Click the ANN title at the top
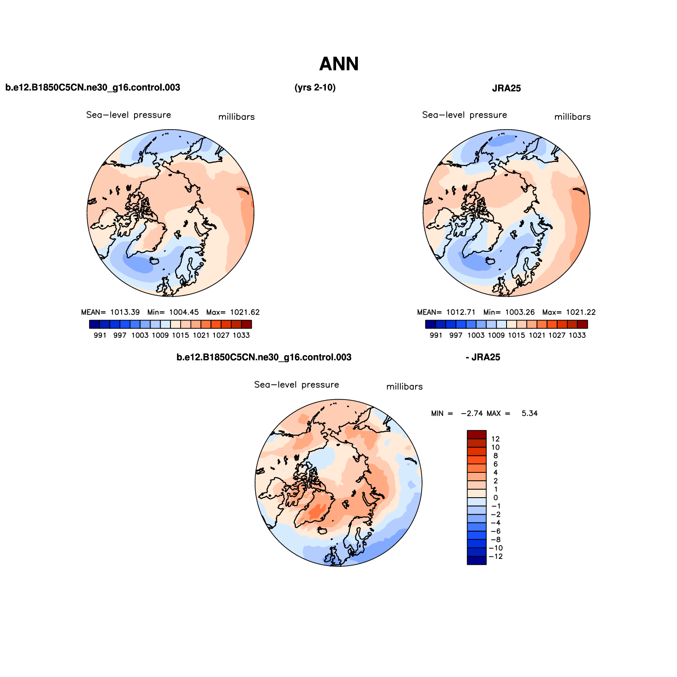pos(339,64)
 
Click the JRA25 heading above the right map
pos(506,88)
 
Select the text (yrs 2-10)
pos(315,87)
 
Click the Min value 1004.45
pos(184,312)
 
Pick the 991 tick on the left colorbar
pos(100,335)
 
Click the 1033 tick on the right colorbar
pos(577,335)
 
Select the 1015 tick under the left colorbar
pos(180,335)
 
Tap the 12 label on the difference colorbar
pos(495,439)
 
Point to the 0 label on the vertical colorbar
pos(495,498)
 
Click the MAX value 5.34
pos(529,413)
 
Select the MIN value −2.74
pos(471,413)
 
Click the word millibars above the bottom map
pos(404,387)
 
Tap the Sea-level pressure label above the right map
pos(464,115)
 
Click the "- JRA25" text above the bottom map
pos(483,357)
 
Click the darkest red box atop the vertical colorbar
pos(476,435)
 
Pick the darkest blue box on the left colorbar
pos(95,324)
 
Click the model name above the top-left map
pos(93,87)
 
